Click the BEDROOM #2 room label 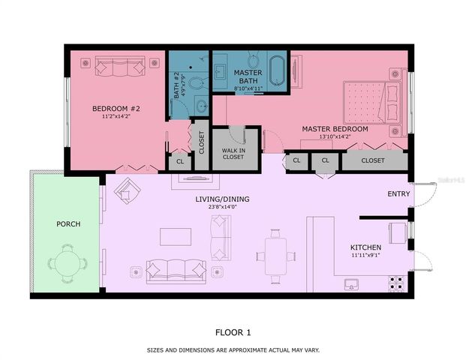pos(116,109)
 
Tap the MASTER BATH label pos(248,77)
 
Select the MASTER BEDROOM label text pos(335,129)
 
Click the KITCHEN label pos(365,247)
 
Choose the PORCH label pos(68,224)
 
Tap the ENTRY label pos(398,193)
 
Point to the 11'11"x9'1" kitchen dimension pos(365,256)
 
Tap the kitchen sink pos(350,284)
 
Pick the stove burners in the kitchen pos(397,283)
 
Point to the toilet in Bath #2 pos(196,83)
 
